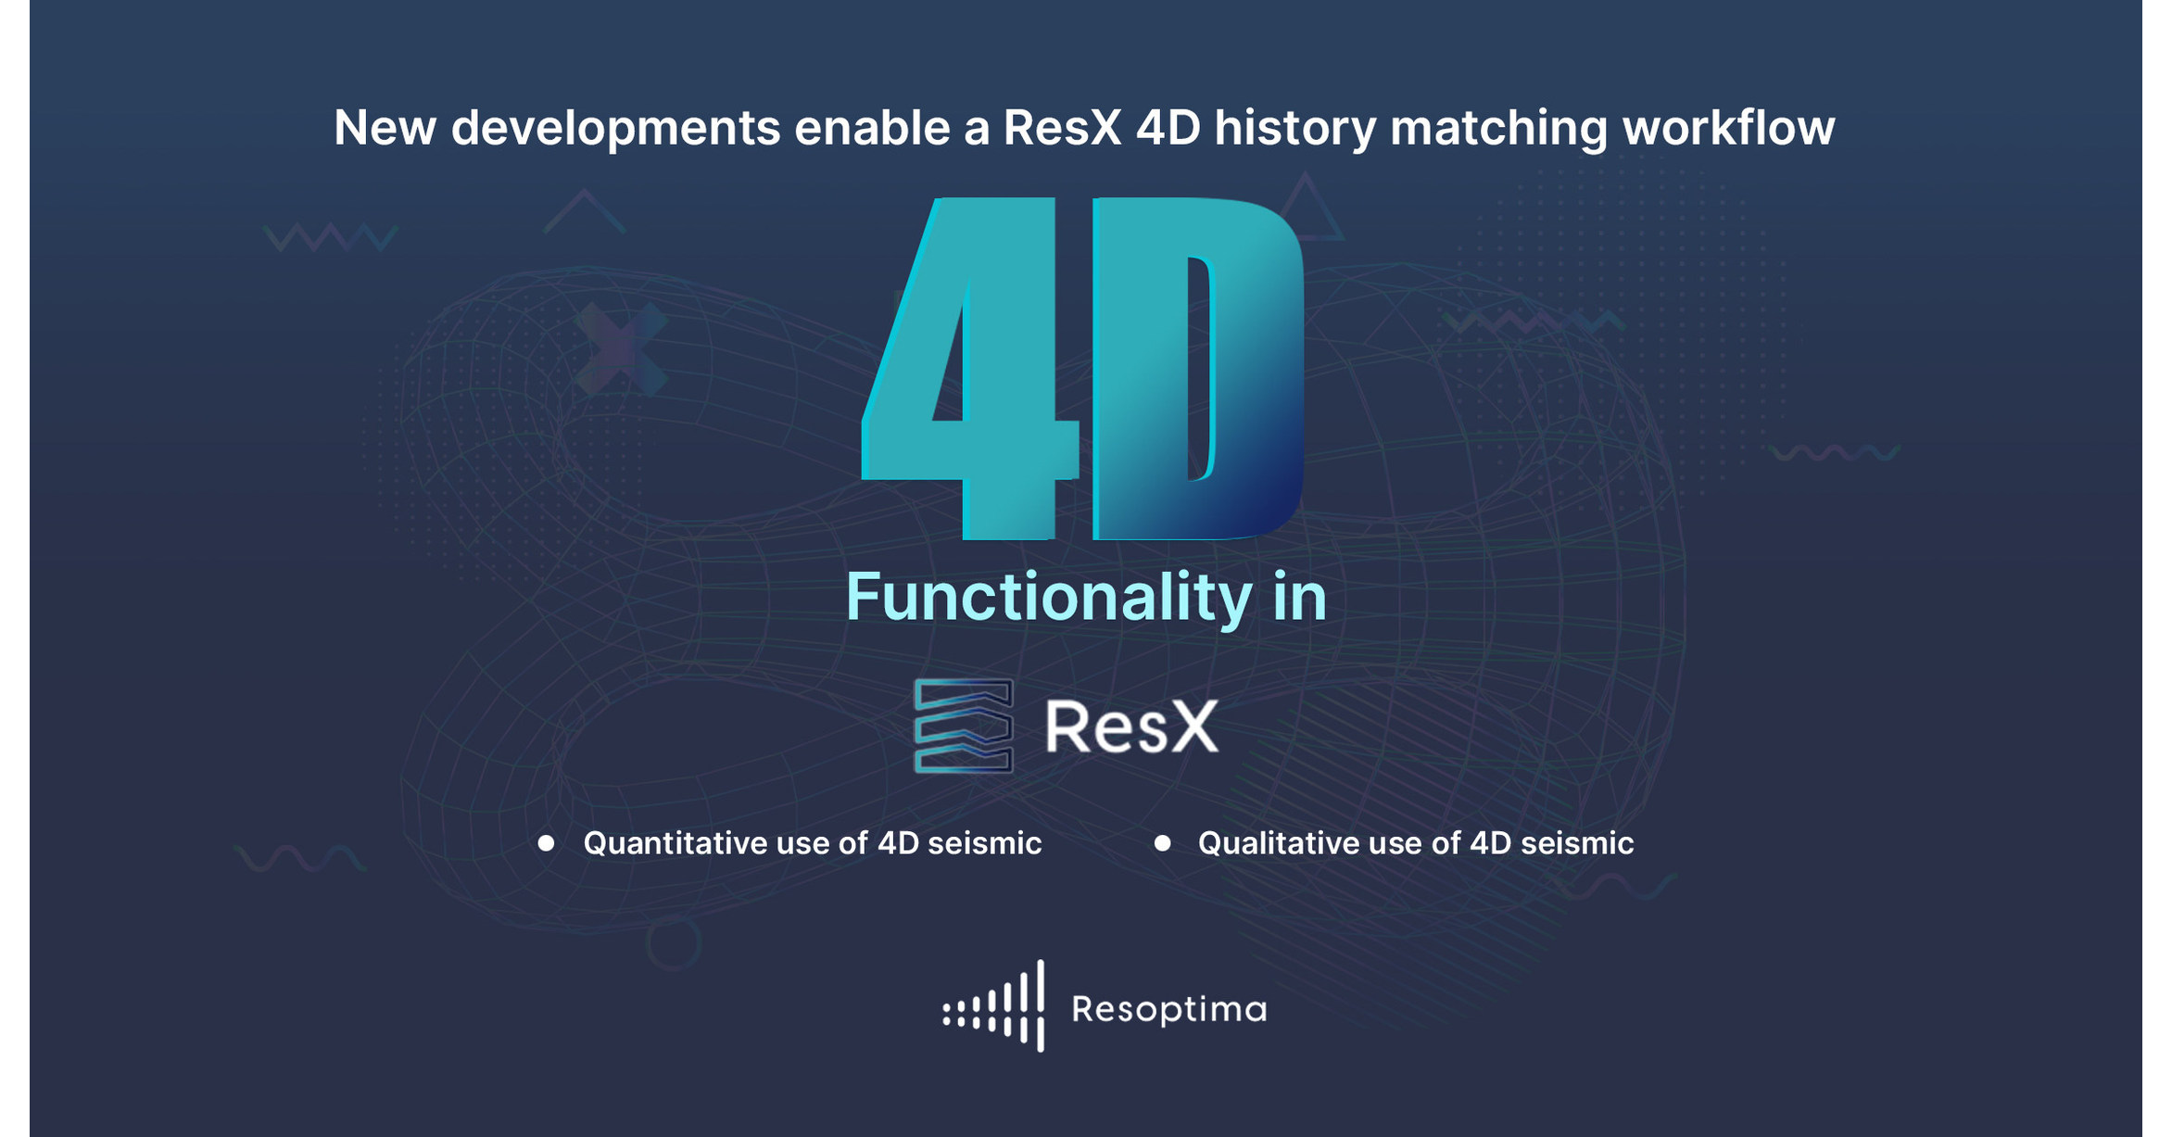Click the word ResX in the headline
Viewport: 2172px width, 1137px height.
pos(1062,128)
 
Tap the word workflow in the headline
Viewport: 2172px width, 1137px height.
pos(1728,128)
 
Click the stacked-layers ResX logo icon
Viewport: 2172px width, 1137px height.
pos(963,726)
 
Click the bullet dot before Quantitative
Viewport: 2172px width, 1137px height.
pos(547,843)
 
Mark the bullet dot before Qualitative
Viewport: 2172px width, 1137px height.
pos(1162,843)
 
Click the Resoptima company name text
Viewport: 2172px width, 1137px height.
pos(1168,1009)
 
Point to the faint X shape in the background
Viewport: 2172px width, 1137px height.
pos(620,348)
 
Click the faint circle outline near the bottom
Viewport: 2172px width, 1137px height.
pos(674,942)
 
